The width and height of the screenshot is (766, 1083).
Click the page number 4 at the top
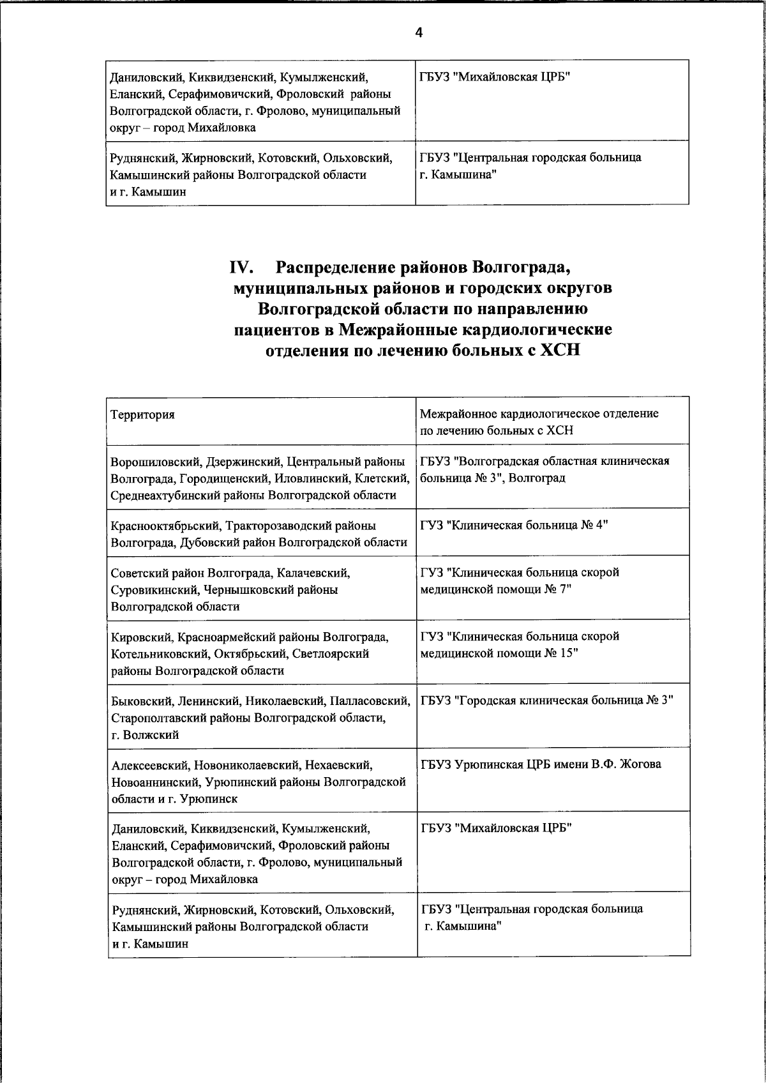coord(419,33)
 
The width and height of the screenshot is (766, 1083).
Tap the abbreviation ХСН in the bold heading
coord(560,351)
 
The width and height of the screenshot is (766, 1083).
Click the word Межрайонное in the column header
coord(459,414)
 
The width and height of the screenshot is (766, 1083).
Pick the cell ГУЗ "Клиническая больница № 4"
coord(514,526)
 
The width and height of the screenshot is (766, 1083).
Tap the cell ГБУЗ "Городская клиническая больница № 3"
coord(547,701)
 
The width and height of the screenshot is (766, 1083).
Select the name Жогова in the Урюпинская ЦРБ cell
coord(638,764)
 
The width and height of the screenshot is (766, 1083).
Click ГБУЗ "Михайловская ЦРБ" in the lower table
coord(496,828)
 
